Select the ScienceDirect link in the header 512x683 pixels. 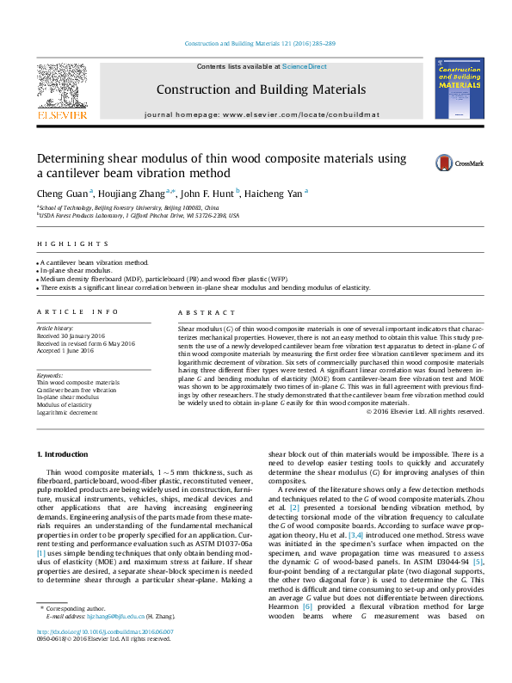click(x=305, y=66)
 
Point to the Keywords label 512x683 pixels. click(x=50, y=375)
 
